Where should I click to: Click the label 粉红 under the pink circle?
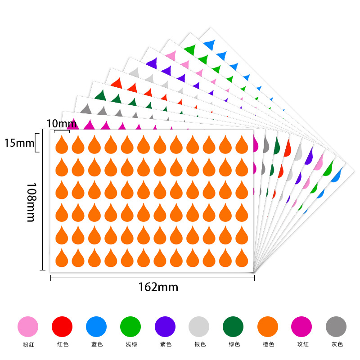point(28,345)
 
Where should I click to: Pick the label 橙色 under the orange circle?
point(268,345)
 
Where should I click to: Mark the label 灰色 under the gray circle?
point(336,345)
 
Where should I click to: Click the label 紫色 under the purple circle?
point(165,345)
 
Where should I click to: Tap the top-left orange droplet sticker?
point(61,144)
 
